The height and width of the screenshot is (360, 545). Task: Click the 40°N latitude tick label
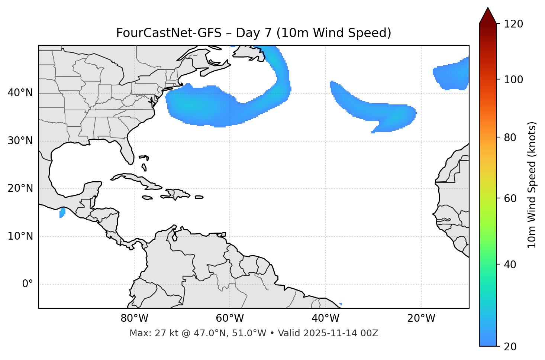[20, 93]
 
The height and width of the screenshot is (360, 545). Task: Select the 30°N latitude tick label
[20, 141]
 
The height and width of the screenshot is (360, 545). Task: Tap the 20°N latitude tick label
[20, 189]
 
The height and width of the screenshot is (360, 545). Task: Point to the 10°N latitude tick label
[20, 236]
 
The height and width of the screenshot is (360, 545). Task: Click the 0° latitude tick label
[28, 284]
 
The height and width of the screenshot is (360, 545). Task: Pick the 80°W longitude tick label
[134, 318]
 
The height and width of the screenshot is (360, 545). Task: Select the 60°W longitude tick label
[230, 318]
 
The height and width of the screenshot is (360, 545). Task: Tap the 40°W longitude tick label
[325, 318]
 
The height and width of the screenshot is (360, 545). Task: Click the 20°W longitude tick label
[421, 318]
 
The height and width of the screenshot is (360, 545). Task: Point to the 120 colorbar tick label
[513, 24]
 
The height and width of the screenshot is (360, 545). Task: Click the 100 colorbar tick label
[513, 80]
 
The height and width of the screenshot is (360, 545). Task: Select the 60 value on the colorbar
[510, 198]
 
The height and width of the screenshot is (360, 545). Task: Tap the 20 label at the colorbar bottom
[510, 347]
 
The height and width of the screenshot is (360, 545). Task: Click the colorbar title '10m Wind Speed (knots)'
[532, 185]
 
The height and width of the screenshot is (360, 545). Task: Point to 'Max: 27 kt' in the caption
[148, 333]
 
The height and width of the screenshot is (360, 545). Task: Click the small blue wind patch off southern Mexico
[62, 213]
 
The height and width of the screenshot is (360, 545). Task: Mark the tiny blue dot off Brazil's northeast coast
[341, 304]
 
